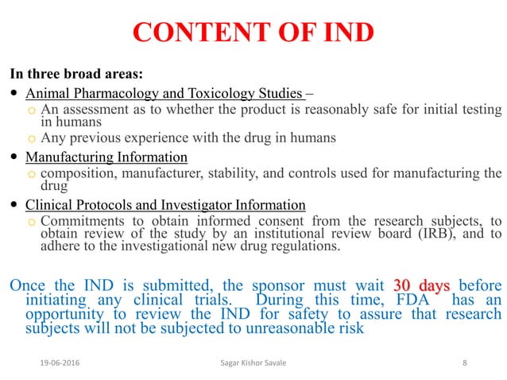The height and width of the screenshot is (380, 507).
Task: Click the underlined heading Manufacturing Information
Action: point(106,157)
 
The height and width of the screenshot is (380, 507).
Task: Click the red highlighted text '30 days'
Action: point(421,286)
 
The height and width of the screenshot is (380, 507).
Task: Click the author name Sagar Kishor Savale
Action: point(253,363)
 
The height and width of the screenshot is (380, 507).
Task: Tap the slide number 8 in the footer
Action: point(464,363)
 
